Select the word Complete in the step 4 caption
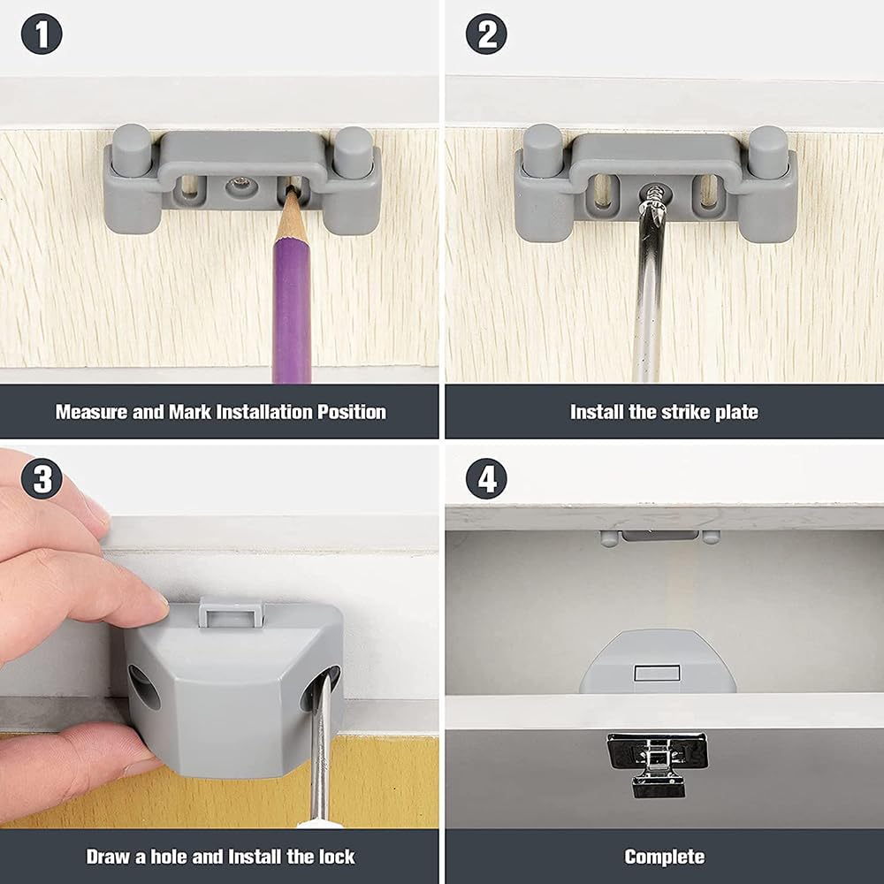(x=664, y=857)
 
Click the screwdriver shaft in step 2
(x=649, y=292)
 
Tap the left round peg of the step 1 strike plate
(x=130, y=146)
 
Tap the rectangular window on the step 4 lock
(x=657, y=674)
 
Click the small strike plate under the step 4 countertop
(x=659, y=536)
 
